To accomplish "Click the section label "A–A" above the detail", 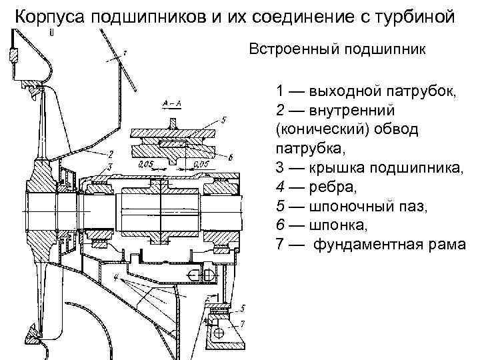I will tap(167, 104).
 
